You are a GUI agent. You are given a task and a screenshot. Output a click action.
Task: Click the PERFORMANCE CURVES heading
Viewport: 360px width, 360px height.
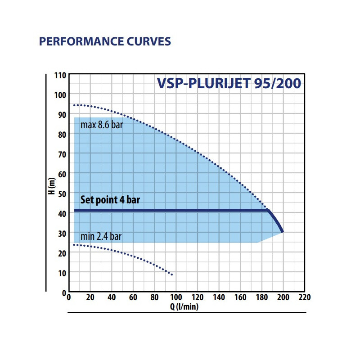pos(105,42)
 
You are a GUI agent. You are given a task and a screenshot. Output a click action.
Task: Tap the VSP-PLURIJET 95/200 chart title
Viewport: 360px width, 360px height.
pos(229,84)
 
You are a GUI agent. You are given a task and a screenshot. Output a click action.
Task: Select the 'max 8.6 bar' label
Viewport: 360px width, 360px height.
pos(101,125)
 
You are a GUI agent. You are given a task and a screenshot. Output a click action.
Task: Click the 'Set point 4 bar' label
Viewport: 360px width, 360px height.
pos(110,200)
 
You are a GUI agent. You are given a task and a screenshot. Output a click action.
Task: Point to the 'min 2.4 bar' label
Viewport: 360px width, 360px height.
pos(101,236)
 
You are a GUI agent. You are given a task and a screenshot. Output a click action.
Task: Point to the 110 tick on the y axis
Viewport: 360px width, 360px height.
pos(60,75)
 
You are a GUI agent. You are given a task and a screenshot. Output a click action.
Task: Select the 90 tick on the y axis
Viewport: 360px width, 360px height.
pos(61,114)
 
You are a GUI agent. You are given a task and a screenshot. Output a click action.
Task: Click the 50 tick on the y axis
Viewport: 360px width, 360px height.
pos(61,193)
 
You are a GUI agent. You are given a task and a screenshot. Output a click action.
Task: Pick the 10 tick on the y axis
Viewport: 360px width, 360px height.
pos(61,273)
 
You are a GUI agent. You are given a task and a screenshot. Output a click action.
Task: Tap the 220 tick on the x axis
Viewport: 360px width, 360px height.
pos(304,297)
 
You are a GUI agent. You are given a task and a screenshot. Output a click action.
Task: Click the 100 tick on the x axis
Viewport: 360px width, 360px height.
pos(175,297)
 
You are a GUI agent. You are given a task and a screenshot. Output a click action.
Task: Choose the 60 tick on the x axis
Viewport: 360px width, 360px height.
pos(133,297)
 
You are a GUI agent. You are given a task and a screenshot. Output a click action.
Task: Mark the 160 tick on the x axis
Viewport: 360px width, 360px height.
pos(240,297)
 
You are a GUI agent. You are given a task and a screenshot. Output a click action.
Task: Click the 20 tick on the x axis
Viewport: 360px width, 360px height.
pos(90,297)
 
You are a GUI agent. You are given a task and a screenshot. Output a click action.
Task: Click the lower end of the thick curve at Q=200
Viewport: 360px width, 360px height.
pos(283,232)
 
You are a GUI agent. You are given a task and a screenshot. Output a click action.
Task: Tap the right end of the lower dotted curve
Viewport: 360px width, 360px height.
pos(172,274)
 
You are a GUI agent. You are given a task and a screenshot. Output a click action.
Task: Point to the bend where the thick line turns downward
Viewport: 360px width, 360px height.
pos(268,210)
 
